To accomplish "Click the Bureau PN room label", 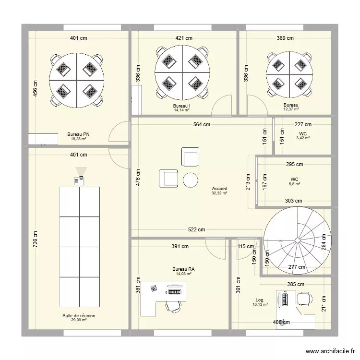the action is click(x=78, y=134).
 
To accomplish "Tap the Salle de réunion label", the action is click(x=79, y=316).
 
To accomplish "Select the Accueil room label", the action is click(x=219, y=189).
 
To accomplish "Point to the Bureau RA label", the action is click(x=184, y=269).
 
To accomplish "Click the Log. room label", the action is click(x=260, y=300).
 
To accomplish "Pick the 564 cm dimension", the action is click(x=202, y=124).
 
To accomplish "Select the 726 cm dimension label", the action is click(x=35, y=239).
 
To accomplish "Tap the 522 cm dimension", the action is click(x=196, y=229).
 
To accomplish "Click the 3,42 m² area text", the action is click(x=303, y=138).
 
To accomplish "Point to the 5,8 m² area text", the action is click(x=295, y=184).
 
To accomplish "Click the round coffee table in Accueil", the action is click(x=191, y=180).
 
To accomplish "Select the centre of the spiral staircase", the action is click(x=298, y=240).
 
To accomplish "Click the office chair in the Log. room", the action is click(x=305, y=299).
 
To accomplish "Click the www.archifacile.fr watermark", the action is click(x=330, y=351).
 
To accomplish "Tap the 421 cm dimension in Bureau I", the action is click(x=184, y=38).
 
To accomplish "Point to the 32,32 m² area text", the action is click(x=219, y=193).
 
